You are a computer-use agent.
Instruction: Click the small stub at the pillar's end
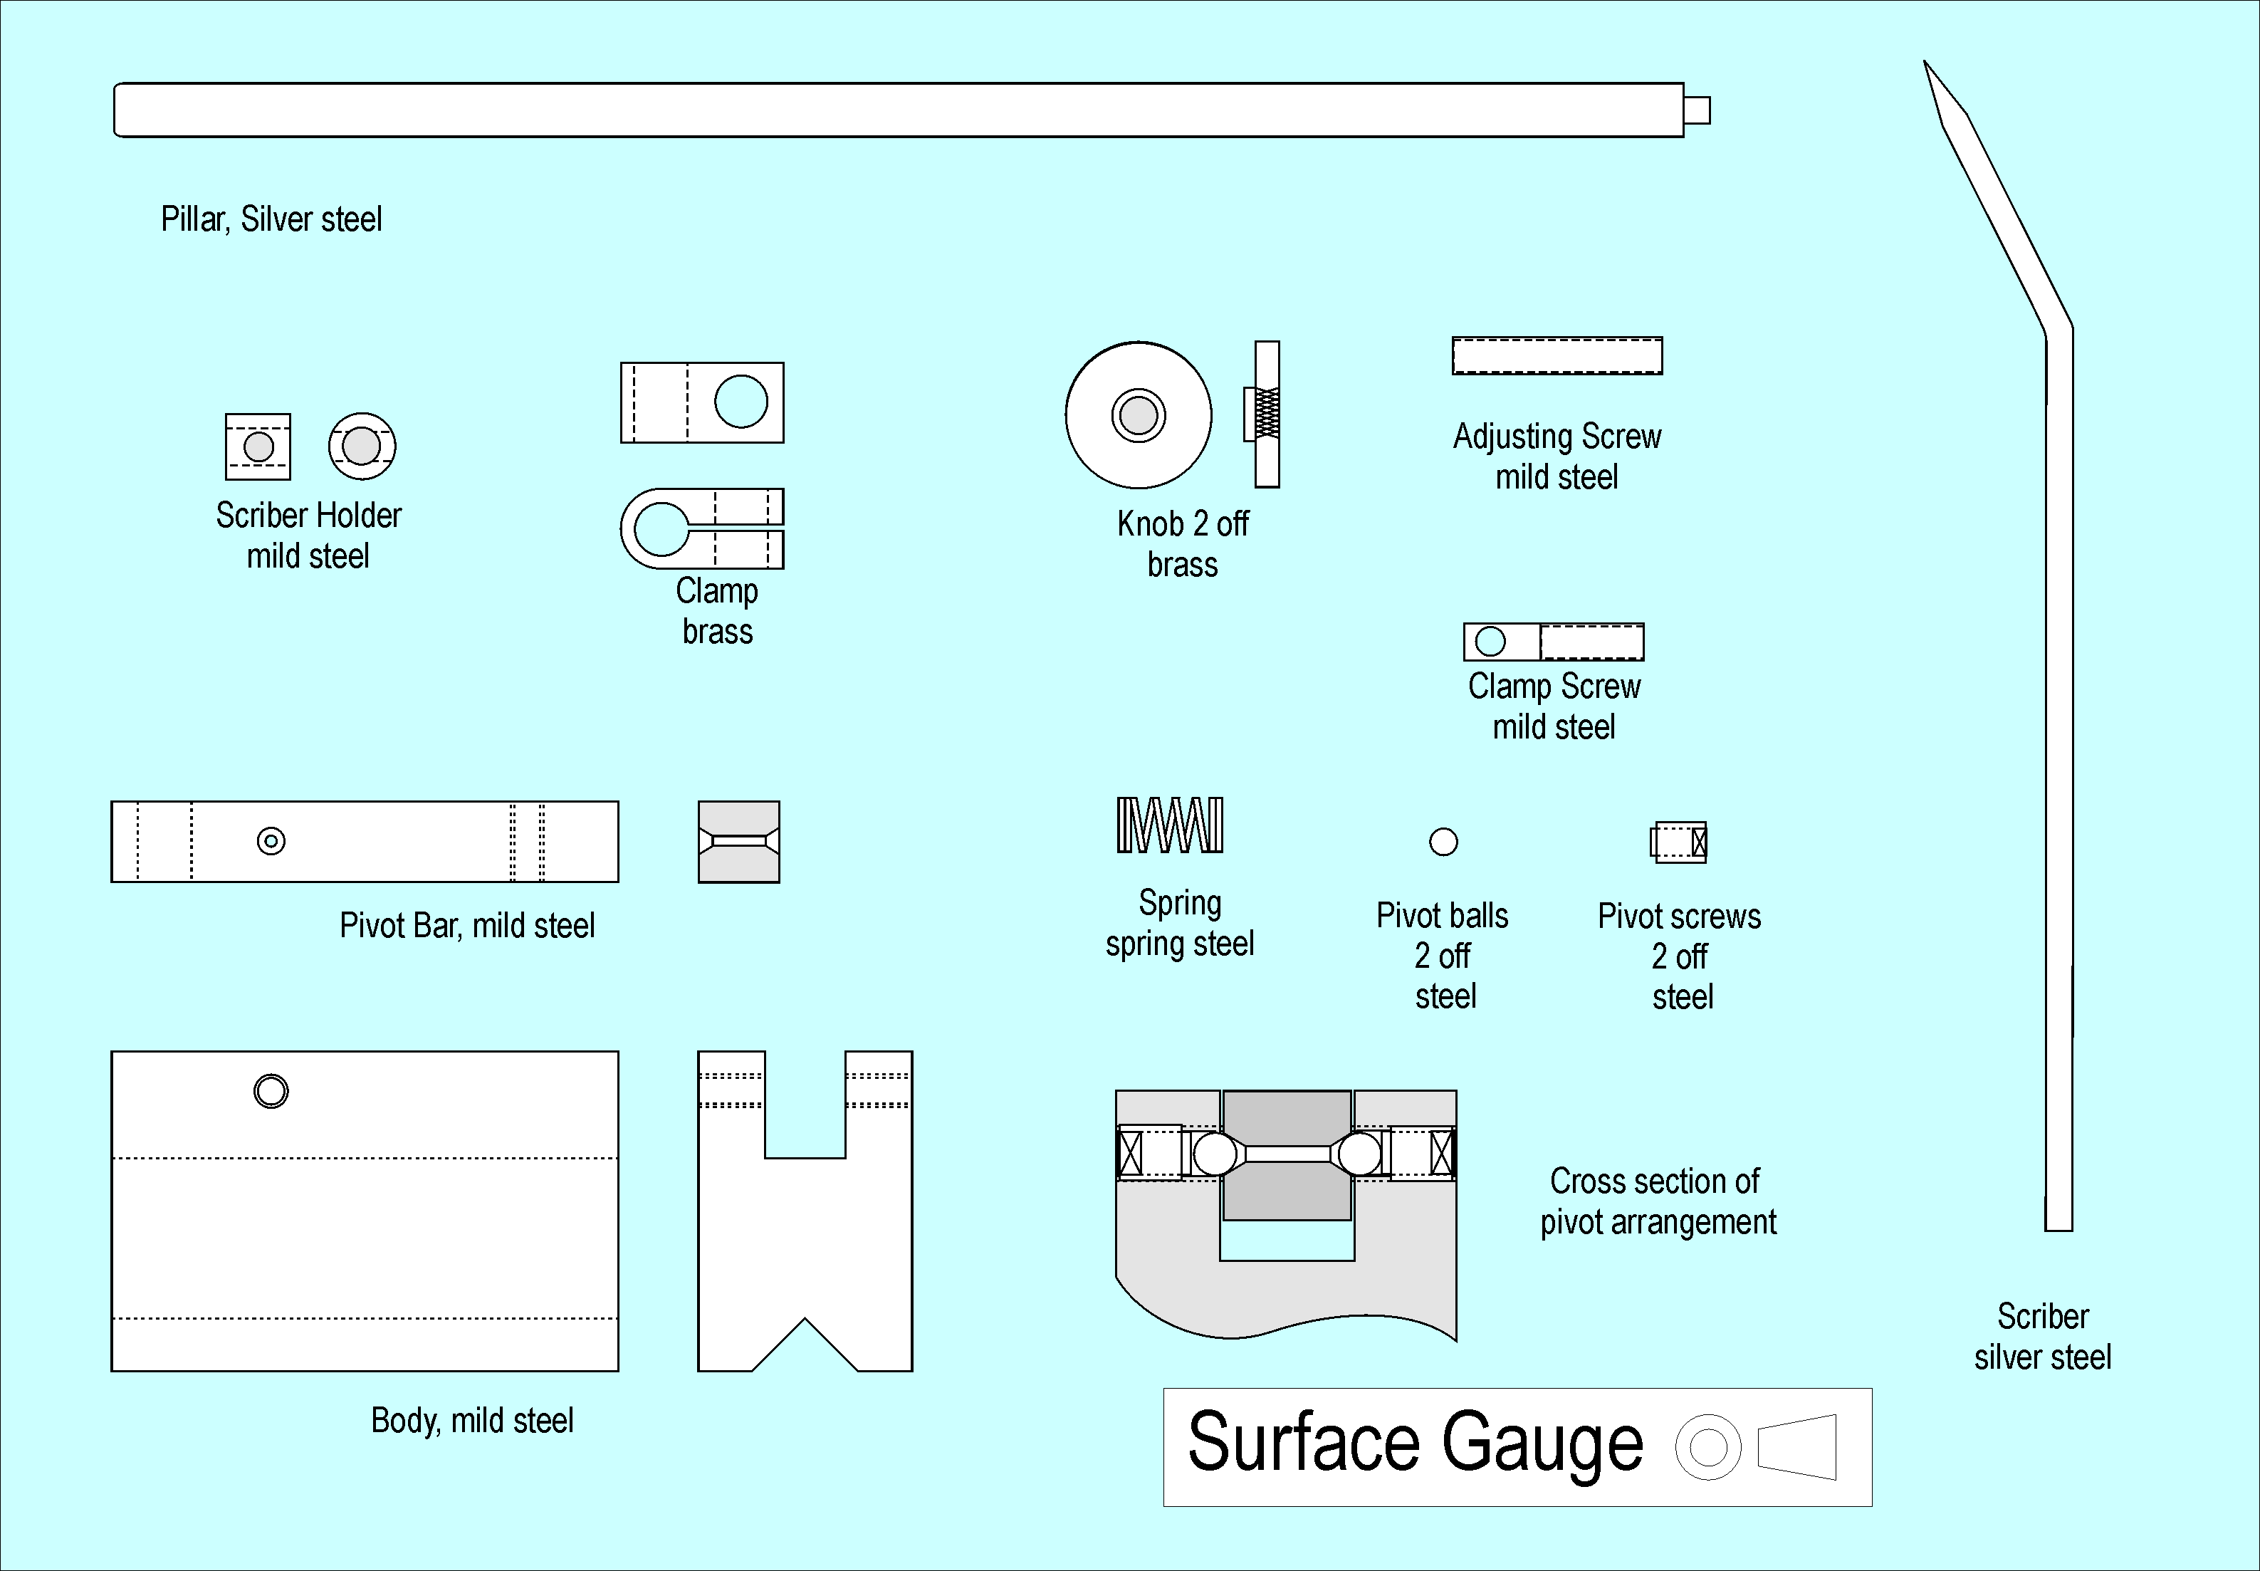[x=1696, y=109]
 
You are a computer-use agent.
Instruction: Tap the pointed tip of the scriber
[x=1927, y=65]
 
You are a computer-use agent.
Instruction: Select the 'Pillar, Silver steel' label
[x=271, y=219]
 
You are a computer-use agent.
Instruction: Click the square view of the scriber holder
[x=258, y=447]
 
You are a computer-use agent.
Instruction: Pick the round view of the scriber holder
[x=362, y=446]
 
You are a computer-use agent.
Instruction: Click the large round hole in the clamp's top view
[x=741, y=402]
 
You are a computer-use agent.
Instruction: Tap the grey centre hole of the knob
[x=1139, y=414]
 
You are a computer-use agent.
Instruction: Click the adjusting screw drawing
[x=1557, y=355]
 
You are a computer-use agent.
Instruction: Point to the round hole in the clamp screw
[x=1490, y=642]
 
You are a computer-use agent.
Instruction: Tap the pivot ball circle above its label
[x=1443, y=842]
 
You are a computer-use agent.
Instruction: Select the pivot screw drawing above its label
[x=1678, y=842]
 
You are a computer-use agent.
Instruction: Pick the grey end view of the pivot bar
[x=739, y=842]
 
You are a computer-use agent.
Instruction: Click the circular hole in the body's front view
[x=271, y=1090]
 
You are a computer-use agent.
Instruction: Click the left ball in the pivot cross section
[x=1215, y=1154]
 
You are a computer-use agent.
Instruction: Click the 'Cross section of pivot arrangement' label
[x=1658, y=1201]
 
